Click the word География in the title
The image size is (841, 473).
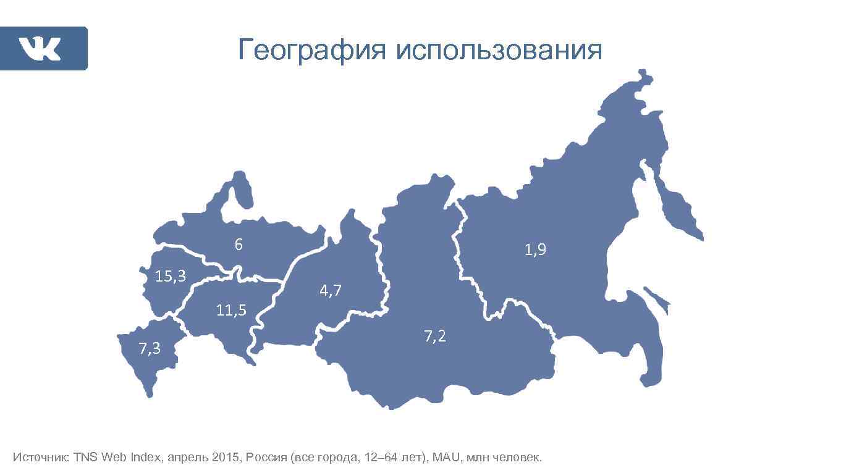coord(311,50)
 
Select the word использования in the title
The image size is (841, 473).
coord(499,50)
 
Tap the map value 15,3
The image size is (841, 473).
coord(171,276)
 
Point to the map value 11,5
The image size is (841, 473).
coord(231,310)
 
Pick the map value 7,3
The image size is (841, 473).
coord(150,349)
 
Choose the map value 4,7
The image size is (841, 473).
coord(331,290)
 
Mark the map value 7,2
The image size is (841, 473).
coord(435,337)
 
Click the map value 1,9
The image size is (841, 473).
coord(535,249)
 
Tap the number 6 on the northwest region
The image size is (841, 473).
coord(239,245)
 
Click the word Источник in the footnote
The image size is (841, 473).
coord(41,458)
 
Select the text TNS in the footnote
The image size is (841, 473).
coord(86,458)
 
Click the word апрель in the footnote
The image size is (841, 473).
coord(188,458)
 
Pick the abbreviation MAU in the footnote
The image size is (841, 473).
coord(447,458)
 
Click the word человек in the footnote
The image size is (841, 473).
coord(517,458)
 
